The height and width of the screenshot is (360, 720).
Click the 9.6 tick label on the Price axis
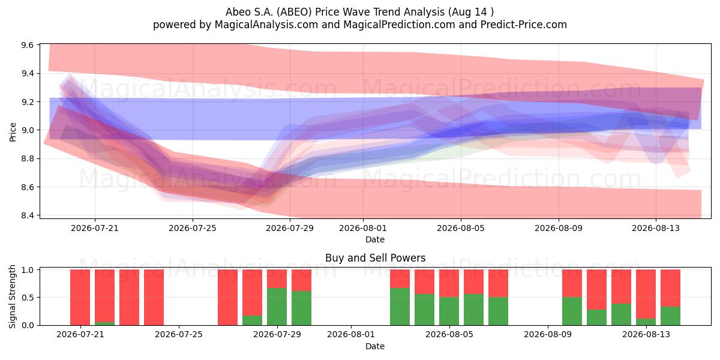click(28, 45)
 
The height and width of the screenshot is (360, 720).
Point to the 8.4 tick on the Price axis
click(28, 215)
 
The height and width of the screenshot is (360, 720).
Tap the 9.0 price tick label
click(28, 130)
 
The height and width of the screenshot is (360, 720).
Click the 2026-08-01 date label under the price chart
click(363, 228)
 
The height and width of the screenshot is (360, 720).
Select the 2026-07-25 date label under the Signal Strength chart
click(179, 335)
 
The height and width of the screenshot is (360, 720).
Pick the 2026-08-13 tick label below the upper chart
click(656, 228)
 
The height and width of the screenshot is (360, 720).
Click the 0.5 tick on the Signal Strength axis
click(28, 298)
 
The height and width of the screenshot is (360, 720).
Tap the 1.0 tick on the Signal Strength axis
click(28, 269)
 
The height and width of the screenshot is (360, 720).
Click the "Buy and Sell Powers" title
click(375, 258)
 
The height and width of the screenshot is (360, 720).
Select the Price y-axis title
click(13, 132)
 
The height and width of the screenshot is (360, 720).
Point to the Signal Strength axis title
click(12, 296)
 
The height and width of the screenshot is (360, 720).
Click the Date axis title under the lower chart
click(375, 346)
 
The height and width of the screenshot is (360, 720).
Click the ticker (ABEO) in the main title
click(294, 12)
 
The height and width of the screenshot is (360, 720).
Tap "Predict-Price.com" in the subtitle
click(524, 25)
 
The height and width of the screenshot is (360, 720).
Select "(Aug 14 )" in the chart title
click(469, 12)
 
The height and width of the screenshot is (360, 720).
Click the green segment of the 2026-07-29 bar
click(277, 307)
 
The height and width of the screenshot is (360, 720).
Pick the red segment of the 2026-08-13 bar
click(646, 294)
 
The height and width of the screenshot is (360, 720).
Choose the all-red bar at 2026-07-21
click(80, 298)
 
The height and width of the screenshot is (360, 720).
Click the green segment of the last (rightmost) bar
click(670, 316)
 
